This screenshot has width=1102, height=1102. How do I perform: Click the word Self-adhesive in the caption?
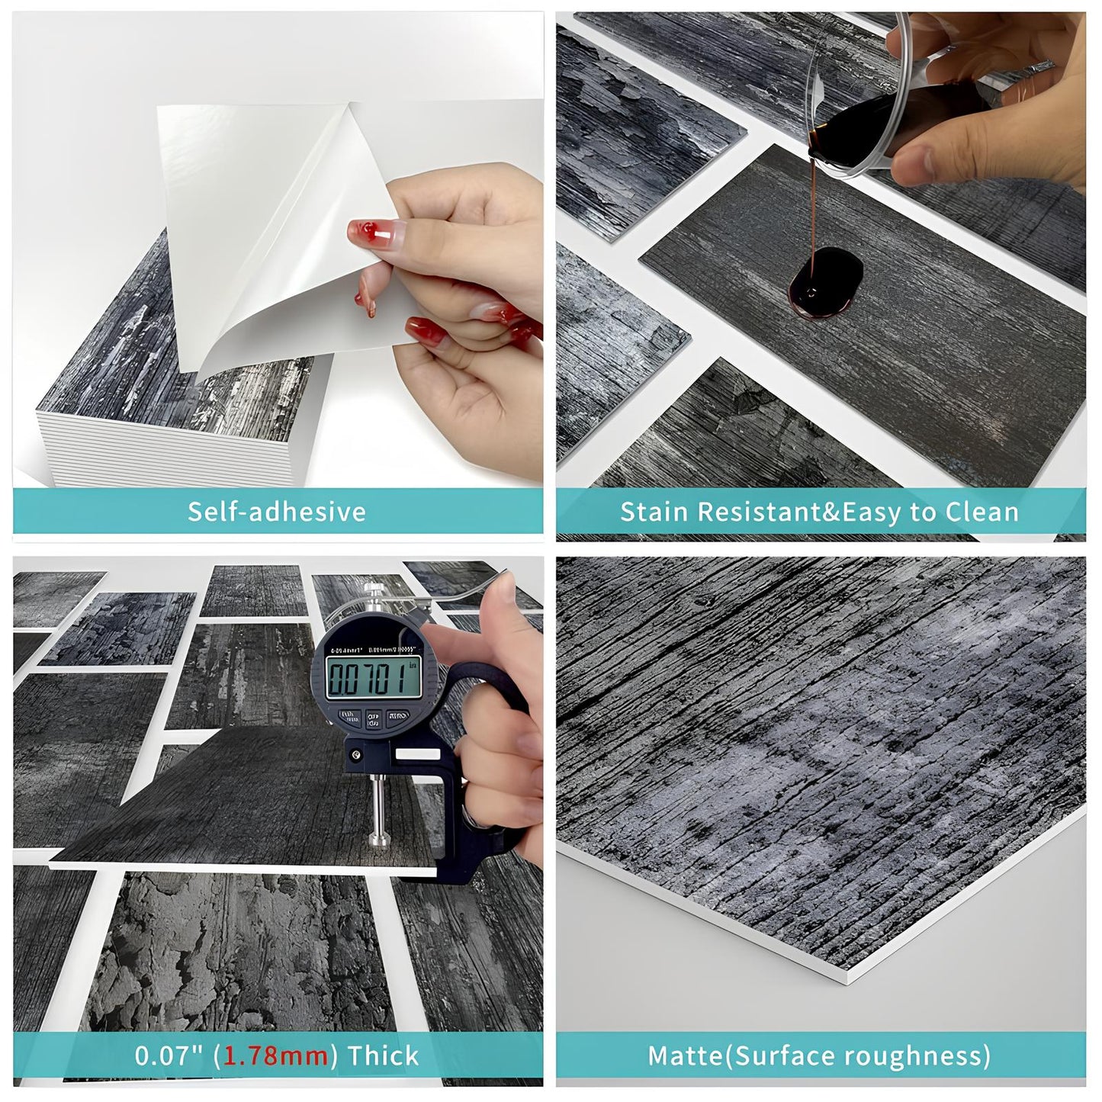[x=277, y=511]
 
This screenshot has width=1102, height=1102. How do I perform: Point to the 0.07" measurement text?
[x=171, y=1055]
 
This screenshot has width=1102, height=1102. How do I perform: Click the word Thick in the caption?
[x=384, y=1055]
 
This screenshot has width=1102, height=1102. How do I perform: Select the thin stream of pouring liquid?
[x=816, y=206]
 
